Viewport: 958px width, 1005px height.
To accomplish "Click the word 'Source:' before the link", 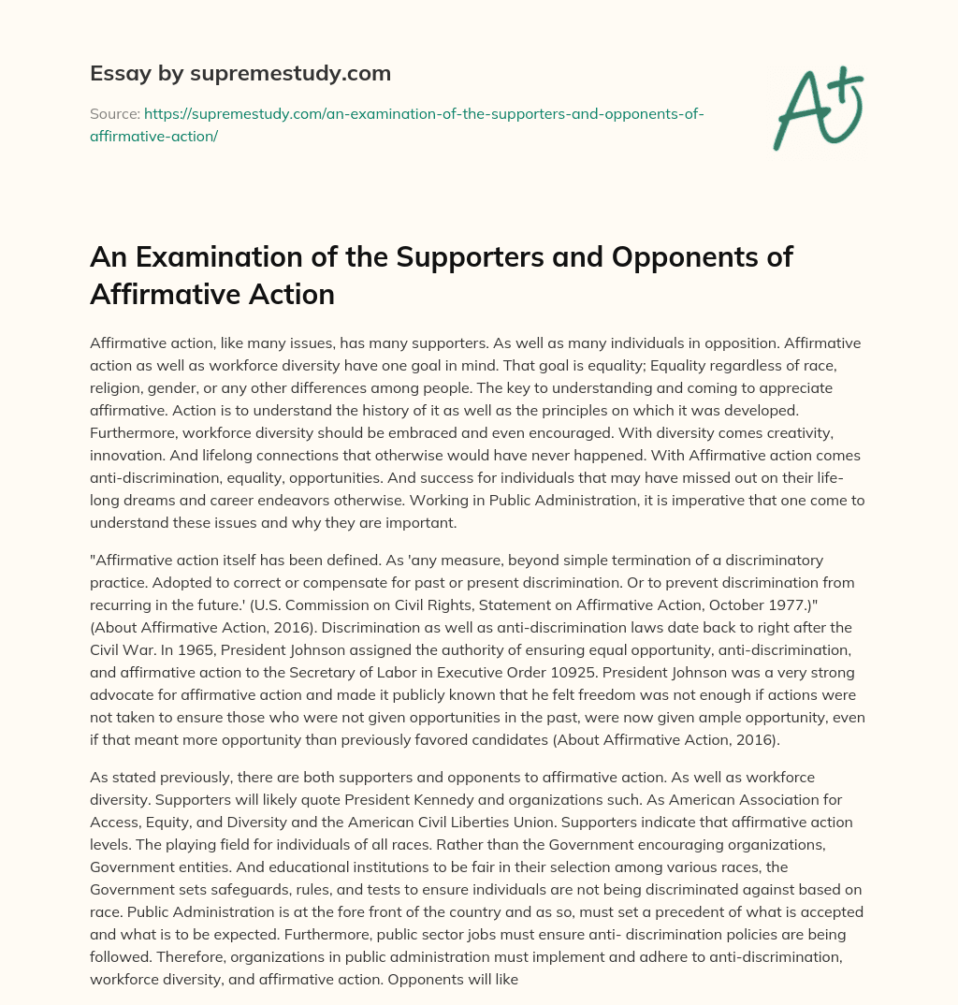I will click(114, 113).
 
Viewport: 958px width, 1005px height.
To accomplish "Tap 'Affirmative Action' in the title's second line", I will click(212, 294).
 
